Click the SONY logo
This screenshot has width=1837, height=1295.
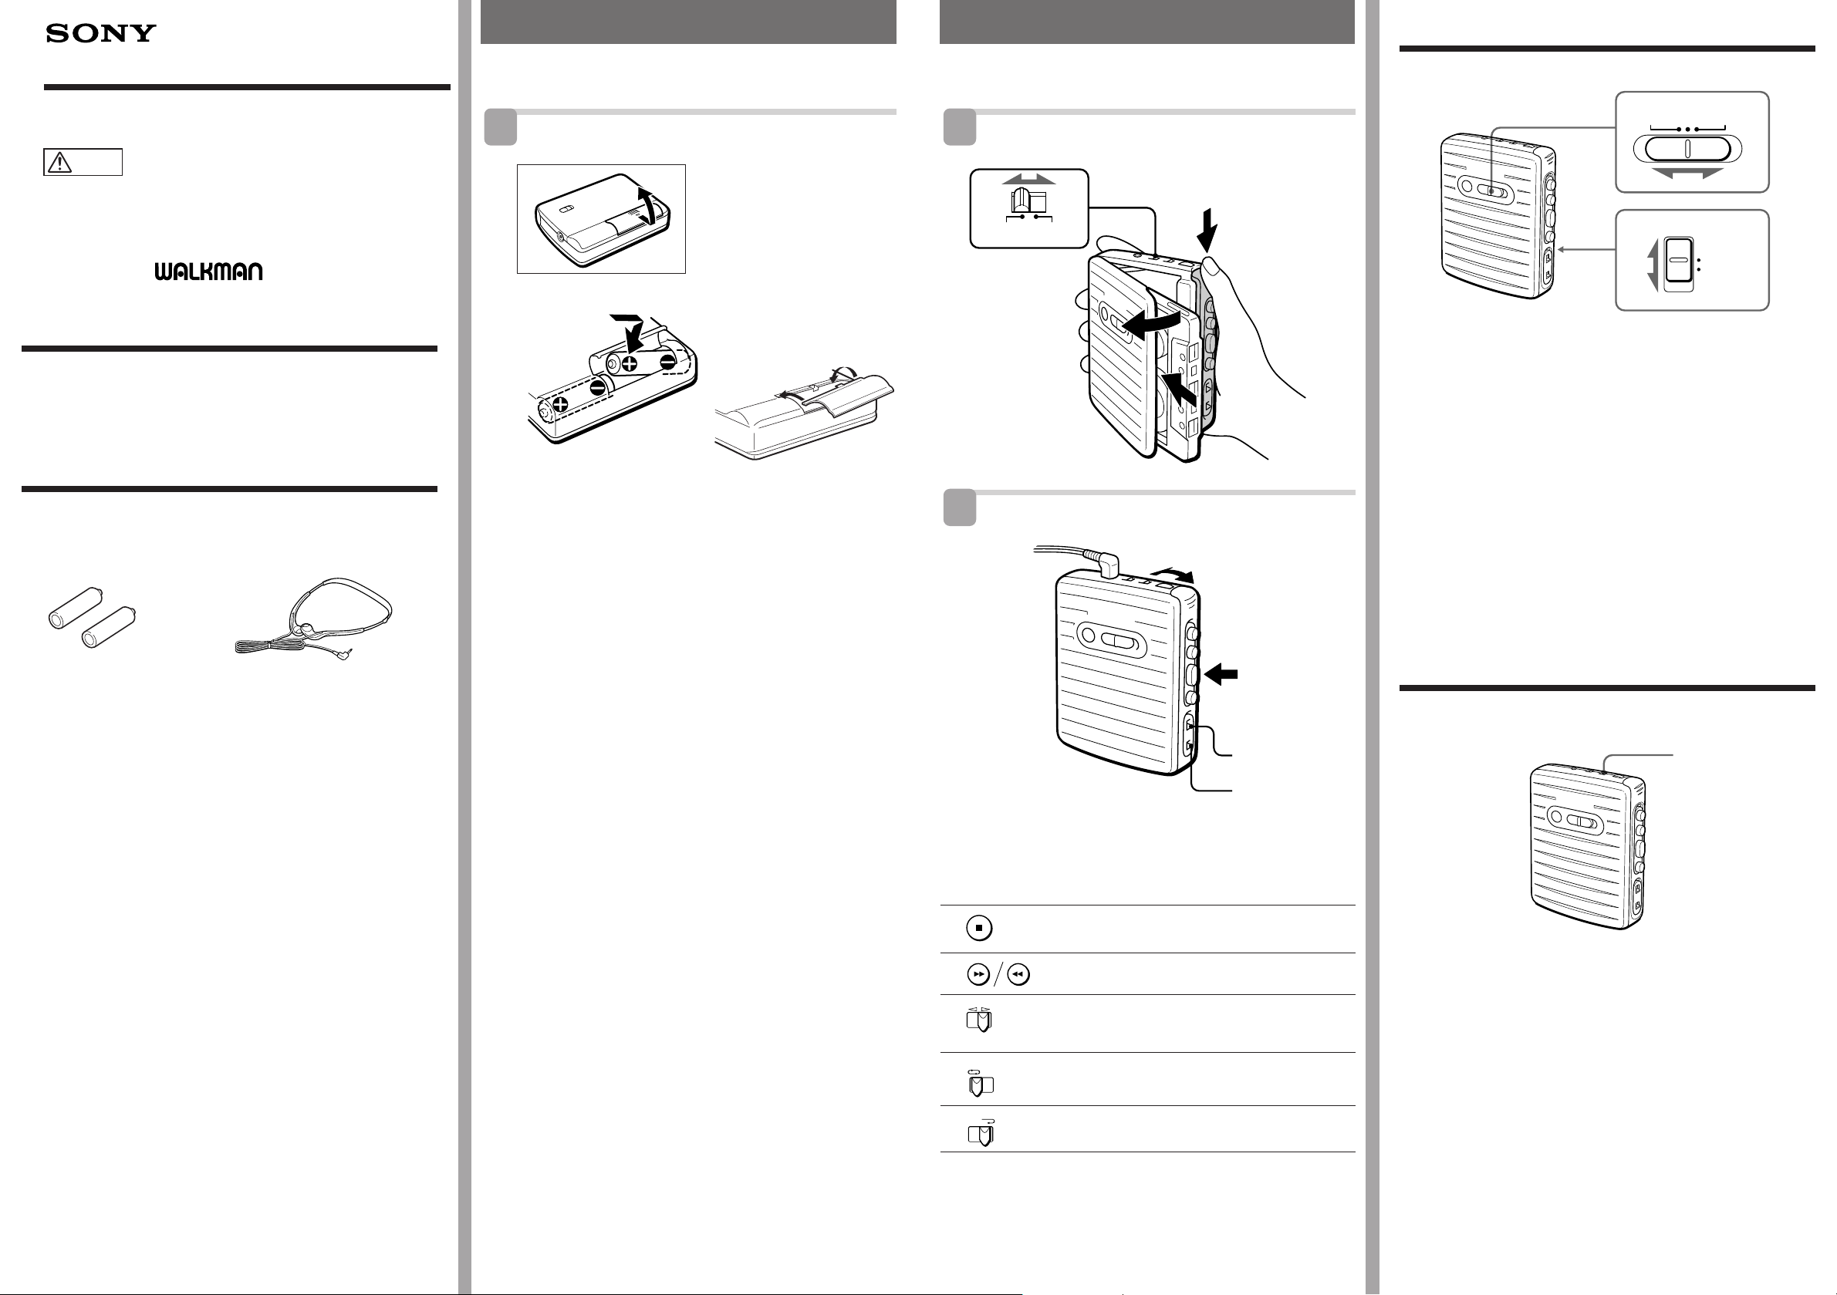click(x=101, y=33)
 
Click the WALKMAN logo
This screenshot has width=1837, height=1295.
click(x=209, y=272)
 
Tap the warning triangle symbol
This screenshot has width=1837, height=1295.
click(x=60, y=163)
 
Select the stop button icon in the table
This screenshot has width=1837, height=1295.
click(x=979, y=928)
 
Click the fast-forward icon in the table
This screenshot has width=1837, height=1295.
click(x=978, y=974)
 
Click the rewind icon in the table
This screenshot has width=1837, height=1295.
click(x=1018, y=974)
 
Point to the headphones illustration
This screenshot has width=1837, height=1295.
click(x=314, y=617)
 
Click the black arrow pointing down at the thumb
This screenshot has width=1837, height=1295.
click(x=1207, y=229)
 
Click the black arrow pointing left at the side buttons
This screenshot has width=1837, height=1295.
click(x=1221, y=674)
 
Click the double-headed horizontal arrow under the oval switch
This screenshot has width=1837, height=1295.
click(x=1687, y=174)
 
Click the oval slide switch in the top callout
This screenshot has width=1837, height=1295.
click(x=1687, y=149)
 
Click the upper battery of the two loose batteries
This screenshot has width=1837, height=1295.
click(x=76, y=607)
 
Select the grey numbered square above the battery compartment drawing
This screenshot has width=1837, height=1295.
click(x=500, y=127)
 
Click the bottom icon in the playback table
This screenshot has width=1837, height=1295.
click(x=981, y=1132)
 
